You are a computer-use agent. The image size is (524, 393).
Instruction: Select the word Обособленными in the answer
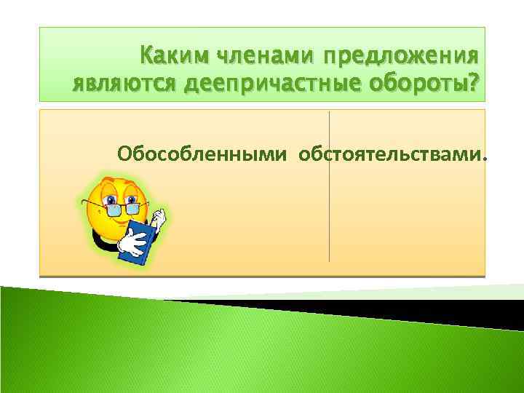click(203, 154)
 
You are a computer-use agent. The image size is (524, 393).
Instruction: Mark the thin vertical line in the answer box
click(330, 218)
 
